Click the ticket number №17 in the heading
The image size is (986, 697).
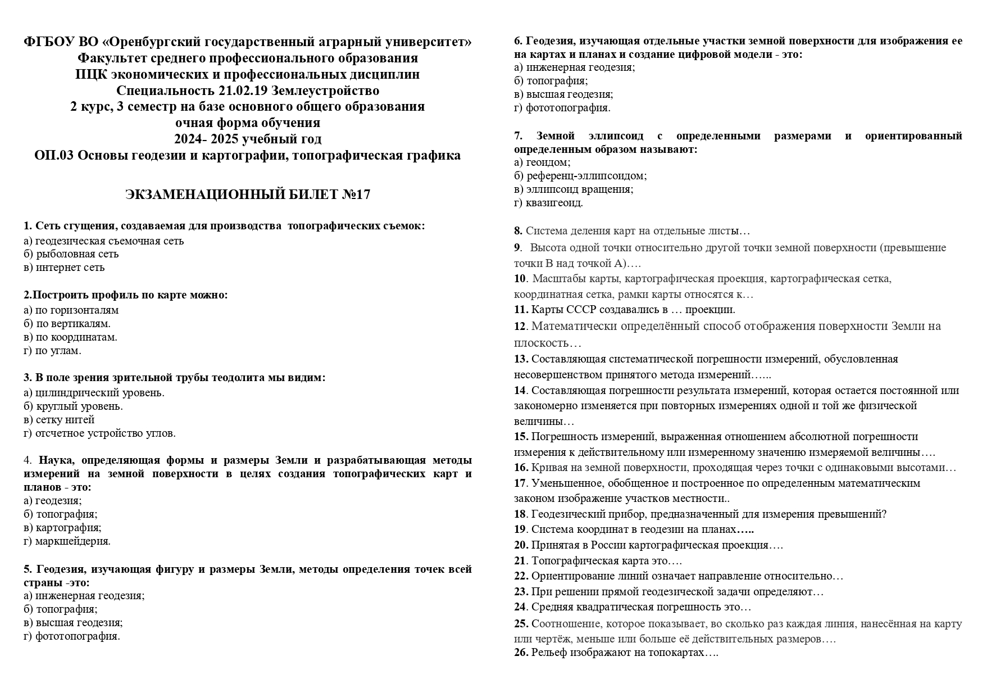pyautogui.click(x=356, y=194)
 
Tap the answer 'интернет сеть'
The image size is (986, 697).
pyautogui.click(x=70, y=268)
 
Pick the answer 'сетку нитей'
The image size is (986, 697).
pyautogui.click(x=65, y=420)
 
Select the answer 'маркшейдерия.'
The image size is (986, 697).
pyautogui.click(x=72, y=541)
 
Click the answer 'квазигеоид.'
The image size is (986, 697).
pyautogui.click(x=554, y=203)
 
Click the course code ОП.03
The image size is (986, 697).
pyautogui.click(x=54, y=155)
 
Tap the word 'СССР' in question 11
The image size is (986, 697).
pyautogui.click(x=580, y=309)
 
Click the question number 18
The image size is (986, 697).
pyautogui.click(x=520, y=514)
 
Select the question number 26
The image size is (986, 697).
pyautogui.click(x=520, y=653)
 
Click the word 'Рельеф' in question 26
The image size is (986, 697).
pyautogui.click(x=549, y=653)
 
